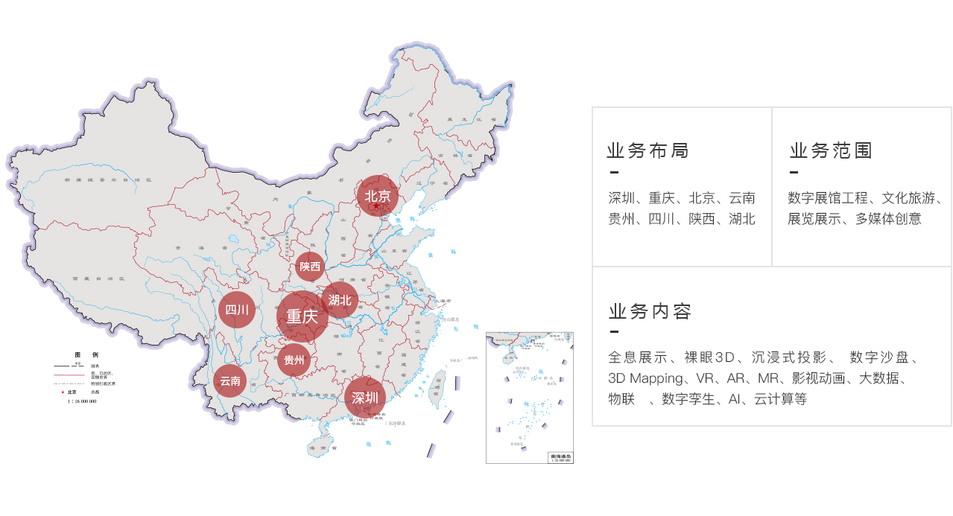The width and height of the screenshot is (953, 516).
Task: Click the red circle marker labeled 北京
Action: point(378,197)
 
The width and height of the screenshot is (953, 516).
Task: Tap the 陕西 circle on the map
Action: point(310,267)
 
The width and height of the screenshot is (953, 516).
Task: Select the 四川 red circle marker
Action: point(237,310)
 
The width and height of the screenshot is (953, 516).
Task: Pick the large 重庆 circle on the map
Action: point(303,316)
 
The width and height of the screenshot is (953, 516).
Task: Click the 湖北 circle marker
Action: point(340,300)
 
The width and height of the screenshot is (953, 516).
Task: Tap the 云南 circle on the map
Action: point(230,381)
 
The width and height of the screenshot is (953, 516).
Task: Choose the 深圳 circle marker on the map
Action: point(365,398)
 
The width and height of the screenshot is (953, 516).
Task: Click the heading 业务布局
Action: point(648,151)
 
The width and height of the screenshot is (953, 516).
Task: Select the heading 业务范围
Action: point(831,151)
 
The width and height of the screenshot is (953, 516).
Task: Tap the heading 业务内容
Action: point(650,311)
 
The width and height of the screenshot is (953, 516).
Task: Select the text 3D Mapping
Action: point(645,378)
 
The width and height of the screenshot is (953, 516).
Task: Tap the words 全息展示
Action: point(637,357)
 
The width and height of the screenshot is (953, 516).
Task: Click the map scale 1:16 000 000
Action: point(81,401)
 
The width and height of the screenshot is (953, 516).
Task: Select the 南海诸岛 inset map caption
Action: point(560,456)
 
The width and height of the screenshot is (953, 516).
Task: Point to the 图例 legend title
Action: point(85,354)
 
